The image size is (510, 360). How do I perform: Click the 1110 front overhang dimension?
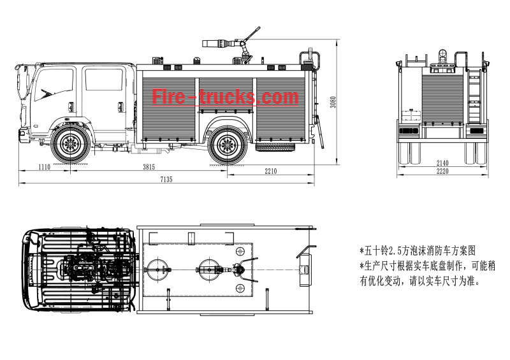(x=44, y=167)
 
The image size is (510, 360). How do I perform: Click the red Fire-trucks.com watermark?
(x=225, y=97)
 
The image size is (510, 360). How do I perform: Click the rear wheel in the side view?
(x=227, y=145)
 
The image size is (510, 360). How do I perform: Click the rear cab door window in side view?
(x=103, y=79)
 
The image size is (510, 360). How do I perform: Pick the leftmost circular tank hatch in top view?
(x=157, y=266)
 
